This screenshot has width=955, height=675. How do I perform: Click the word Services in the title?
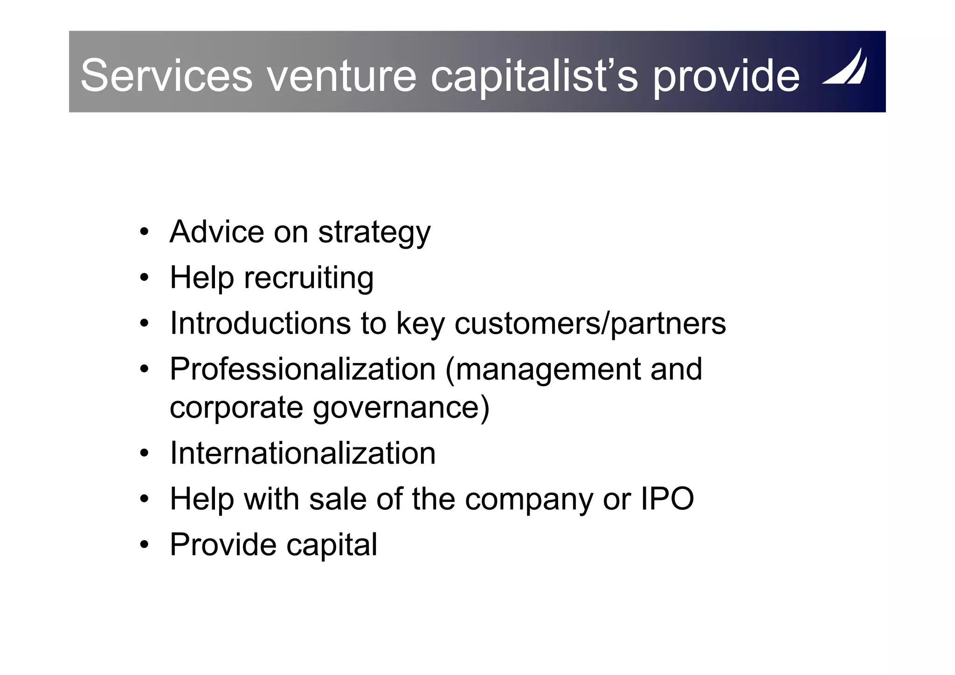click(x=166, y=76)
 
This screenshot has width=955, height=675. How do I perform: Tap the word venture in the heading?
click(x=341, y=76)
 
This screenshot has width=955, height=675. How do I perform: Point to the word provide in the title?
click(x=726, y=76)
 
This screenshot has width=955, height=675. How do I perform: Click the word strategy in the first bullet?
click(x=374, y=232)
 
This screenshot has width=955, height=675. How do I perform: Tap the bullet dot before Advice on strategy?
click(x=144, y=232)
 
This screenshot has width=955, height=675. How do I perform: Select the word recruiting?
click(x=309, y=278)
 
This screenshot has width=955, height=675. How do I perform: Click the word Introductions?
click(x=260, y=323)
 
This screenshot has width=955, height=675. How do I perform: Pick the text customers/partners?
click(x=590, y=323)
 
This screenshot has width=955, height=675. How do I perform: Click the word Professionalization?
click(x=303, y=369)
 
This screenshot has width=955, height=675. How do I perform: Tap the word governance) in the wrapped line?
click(x=401, y=407)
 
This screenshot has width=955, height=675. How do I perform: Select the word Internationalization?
click(x=303, y=453)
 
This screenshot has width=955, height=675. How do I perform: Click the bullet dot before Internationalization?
click(x=144, y=453)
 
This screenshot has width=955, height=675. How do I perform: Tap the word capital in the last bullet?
click(x=332, y=545)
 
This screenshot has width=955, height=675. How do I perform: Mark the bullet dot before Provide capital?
click(x=144, y=545)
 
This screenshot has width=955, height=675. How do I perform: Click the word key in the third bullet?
click(x=420, y=324)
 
